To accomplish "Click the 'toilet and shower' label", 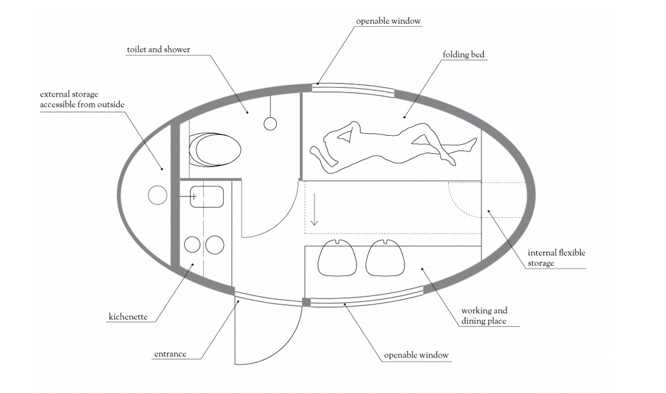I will coord(158,49).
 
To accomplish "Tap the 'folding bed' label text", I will coord(464,55).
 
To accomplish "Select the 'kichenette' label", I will coord(128,317).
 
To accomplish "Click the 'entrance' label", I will coord(170,354).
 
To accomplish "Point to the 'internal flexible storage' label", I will coord(556,258).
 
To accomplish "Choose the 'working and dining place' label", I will coord(484,316).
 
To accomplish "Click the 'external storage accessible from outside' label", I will coord(82,100).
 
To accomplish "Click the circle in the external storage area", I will coord(157,195).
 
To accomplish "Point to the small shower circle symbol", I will coord(271,123).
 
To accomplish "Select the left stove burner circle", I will coord(192,245).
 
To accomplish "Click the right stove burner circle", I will coord(215,245).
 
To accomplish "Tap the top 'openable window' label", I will coord(388,21).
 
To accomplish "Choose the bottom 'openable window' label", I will coord(416,355).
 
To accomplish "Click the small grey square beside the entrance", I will coord(307,302).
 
